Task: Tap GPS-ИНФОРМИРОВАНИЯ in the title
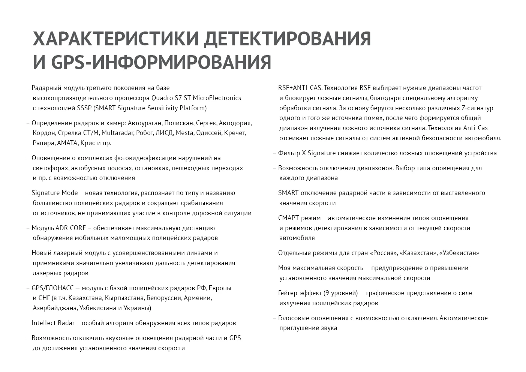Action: [161, 62]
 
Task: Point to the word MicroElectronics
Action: [216, 98]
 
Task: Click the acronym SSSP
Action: [84, 108]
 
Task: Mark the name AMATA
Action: [67, 143]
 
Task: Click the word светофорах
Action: [50, 168]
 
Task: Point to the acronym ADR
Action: [61, 228]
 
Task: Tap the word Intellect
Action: [43, 323]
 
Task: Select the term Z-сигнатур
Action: [475, 108]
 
